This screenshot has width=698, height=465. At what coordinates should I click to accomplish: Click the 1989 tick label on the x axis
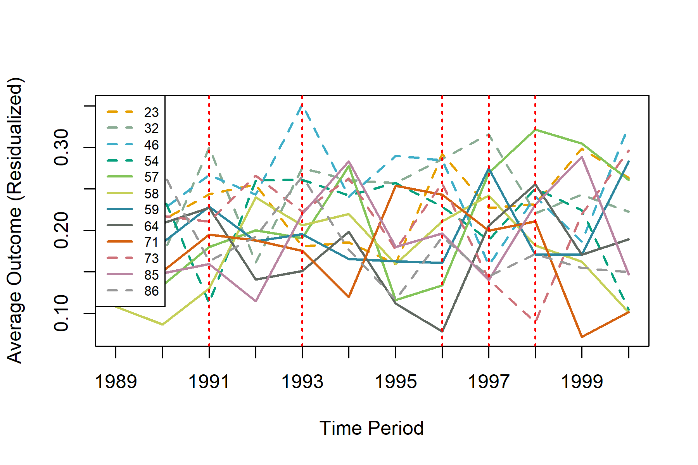point(116,382)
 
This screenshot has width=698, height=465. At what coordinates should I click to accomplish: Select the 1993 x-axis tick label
point(302,382)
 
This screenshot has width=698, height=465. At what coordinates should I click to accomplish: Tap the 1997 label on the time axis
point(489,382)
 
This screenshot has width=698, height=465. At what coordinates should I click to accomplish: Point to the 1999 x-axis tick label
point(582,382)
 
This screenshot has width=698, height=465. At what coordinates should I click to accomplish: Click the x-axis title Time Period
point(371,428)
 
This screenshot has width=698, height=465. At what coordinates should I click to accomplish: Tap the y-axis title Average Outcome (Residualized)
point(16,220)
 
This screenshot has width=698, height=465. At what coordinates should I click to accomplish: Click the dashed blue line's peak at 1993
point(302,105)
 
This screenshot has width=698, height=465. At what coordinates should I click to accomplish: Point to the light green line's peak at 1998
point(535,129)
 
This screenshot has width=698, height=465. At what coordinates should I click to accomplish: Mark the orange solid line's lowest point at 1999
point(582,337)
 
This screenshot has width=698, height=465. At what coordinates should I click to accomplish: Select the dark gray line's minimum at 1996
point(442,331)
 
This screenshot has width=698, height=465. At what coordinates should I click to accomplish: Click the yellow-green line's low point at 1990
point(162,324)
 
